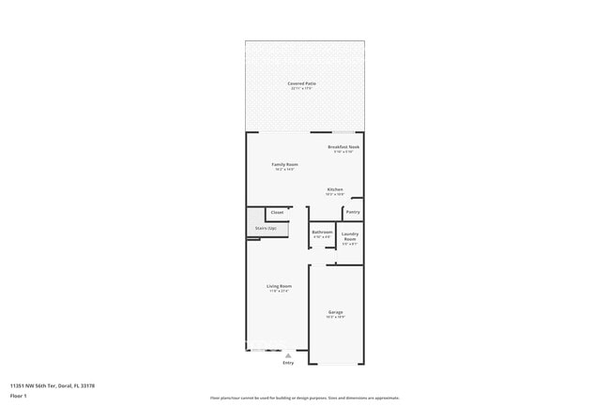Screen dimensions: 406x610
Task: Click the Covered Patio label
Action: (x=302, y=83)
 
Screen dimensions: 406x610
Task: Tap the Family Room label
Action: (x=285, y=164)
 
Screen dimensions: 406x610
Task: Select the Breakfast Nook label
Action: (x=343, y=147)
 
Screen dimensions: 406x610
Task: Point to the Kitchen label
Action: (x=335, y=189)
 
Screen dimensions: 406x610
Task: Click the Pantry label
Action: (x=353, y=212)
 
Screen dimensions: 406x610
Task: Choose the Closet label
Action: (x=277, y=213)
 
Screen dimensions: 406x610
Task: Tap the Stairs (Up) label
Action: (x=266, y=228)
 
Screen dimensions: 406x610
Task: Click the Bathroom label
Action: (x=322, y=232)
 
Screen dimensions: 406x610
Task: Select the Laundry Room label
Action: (x=349, y=236)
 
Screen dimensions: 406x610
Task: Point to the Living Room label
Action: (x=279, y=286)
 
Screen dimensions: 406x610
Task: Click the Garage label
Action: (x=335, y=311)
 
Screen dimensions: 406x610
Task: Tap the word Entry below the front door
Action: (x=288, y=362)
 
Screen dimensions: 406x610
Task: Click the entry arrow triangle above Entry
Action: (x=288, y=354)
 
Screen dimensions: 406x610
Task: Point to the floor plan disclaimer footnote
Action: (x=304, y=398)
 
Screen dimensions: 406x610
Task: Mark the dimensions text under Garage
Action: (x=335, y=317)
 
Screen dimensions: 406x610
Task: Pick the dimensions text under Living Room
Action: (x=279, y=292)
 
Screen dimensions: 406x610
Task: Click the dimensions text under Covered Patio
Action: (x=302, y=89)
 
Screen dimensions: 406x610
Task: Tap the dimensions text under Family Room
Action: (x=285, y=170)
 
